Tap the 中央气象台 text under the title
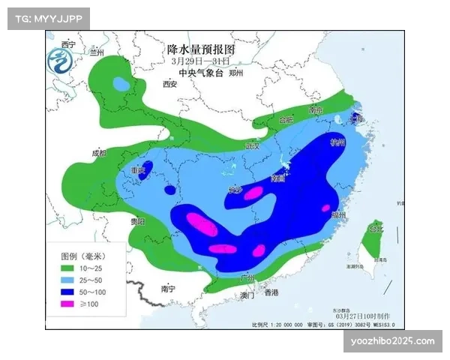pos(200,73)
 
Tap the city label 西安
pos(169,84)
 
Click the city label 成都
pos(98,154)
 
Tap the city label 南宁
pos(167,288)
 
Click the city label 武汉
pos(251,146)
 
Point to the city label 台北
pos(374,229)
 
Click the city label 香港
pos(271,292)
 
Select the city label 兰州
pos(96,53)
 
